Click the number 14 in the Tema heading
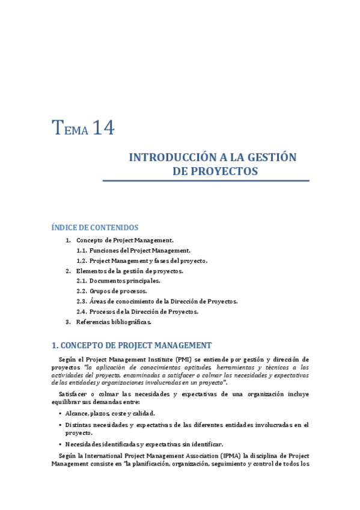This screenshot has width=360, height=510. pos(103,128)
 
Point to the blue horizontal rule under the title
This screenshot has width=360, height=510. pos(206,180)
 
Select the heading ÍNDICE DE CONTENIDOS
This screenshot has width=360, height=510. pos(95,227)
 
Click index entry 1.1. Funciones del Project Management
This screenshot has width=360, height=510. pos(133,250)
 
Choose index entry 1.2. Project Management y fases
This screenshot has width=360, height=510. pos(142,260)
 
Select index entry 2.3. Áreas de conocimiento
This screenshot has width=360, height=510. pos(157,301)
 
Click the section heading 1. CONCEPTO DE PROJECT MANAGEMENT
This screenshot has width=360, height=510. pos(132,345)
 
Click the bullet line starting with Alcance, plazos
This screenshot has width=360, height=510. pos(110,413)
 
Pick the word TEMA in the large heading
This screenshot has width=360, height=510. pos(70,129)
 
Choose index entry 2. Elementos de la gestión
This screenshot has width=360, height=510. pos(129,271)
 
